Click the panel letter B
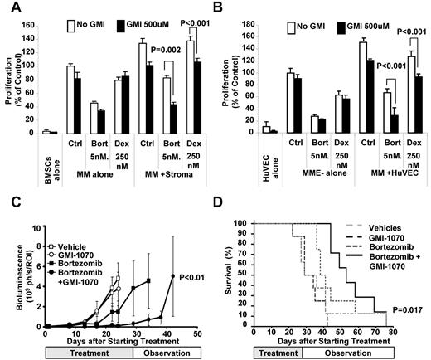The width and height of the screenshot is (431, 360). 223,7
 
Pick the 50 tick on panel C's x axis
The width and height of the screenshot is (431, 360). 196,332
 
